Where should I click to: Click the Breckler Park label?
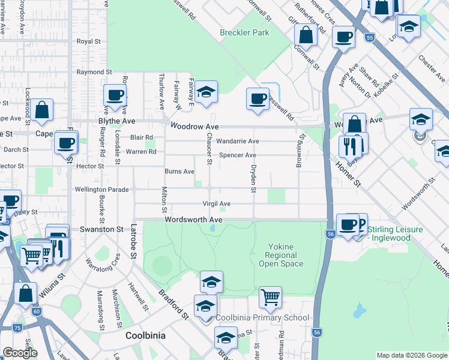point(244,32)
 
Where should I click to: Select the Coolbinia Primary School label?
point(262,317)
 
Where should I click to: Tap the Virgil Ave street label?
point(216,204)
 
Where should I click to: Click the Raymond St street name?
point(90,72)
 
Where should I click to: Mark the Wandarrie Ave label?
point(238,141)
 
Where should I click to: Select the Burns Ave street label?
point(179,172)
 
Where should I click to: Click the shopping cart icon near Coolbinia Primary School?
point(270,296)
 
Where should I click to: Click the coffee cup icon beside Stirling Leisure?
point(348,224)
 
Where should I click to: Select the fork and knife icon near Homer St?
point(349,146)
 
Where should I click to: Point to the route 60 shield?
point(37,311)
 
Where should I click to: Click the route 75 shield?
point(17,328)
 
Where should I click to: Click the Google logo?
point(20,353)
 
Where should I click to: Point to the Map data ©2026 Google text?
point(411,355)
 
